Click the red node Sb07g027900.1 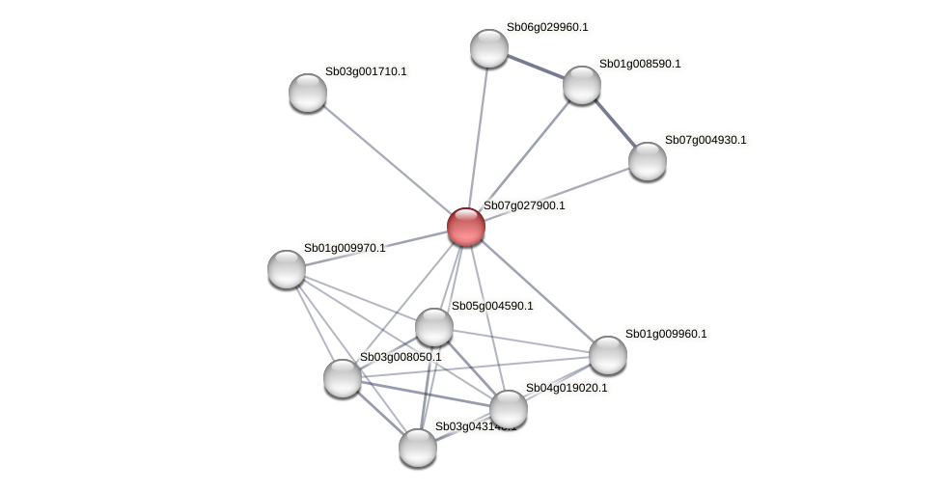pos(465,227)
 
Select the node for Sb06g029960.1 pos(489,48)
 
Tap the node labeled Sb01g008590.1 pos(581,85)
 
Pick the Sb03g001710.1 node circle pos(308,93)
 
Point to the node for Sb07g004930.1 pos(647,160)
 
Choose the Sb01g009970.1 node pos(287,268)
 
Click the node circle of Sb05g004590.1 pos(434,327)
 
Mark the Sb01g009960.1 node pos(607,355)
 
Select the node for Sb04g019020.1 pos(509,409)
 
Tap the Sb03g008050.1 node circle pos(343,377)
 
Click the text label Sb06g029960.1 pos(547,28)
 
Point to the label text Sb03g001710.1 pos(366,72)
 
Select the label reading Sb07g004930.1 pos(706,141)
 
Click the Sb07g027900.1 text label pos(524,206)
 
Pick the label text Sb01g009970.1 pos(345,249)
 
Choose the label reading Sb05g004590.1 pos(492,307)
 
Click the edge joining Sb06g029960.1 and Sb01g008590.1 pos(535,67)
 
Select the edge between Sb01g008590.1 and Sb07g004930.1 pos(614,123)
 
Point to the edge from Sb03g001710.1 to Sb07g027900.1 pos(386,159)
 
